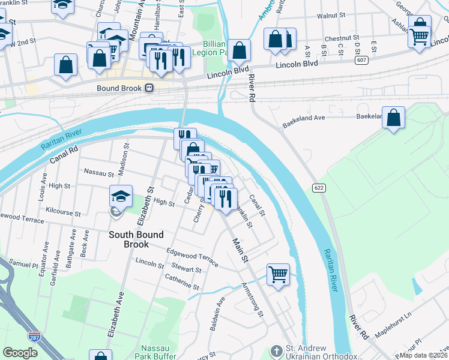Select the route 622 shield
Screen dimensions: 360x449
[319, 188]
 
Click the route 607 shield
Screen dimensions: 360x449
[362, 60]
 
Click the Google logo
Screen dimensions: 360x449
[20, 353]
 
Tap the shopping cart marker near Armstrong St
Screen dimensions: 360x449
[278, 275]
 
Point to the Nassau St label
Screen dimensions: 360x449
[99, 173]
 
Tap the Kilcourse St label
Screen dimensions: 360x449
[63, 212]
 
